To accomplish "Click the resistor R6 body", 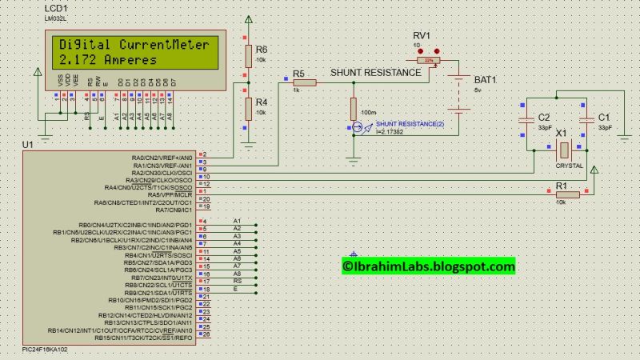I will tap(248, 54).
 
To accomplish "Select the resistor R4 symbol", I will tap(248, 107).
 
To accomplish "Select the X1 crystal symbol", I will tap(563, 149).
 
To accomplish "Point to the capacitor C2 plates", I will tap(526, 118).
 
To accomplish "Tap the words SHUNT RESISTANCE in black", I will tap(370, 72).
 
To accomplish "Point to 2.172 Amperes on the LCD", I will tap(108, 60).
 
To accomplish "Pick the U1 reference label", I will tap(29, 144).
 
